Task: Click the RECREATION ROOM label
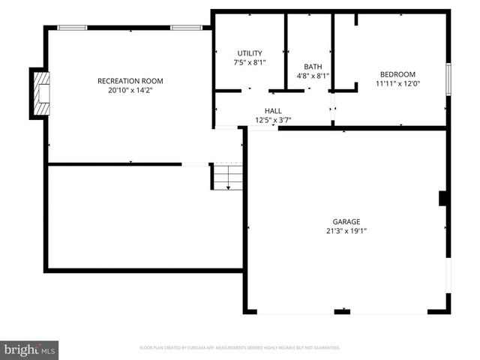(130, 81)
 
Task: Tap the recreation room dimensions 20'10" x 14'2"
(130, 90)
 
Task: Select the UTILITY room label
(250, 53)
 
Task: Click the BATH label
(313, 67)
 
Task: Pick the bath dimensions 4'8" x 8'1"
(313, 76)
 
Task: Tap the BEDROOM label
(397, 74)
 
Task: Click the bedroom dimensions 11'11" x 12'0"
(397, 83)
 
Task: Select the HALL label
(273, 111)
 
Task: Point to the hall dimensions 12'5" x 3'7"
(273, 120)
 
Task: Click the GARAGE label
(346, 222)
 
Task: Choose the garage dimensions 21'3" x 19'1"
(346, 231)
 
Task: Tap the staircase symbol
(226, 177)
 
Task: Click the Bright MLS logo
(30, 349)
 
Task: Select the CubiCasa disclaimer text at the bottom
(240, 348)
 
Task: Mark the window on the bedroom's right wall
(448, 76)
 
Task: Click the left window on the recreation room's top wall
(73, 28)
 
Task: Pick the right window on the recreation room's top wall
(185, 28)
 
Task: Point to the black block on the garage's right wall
(443, 198)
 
